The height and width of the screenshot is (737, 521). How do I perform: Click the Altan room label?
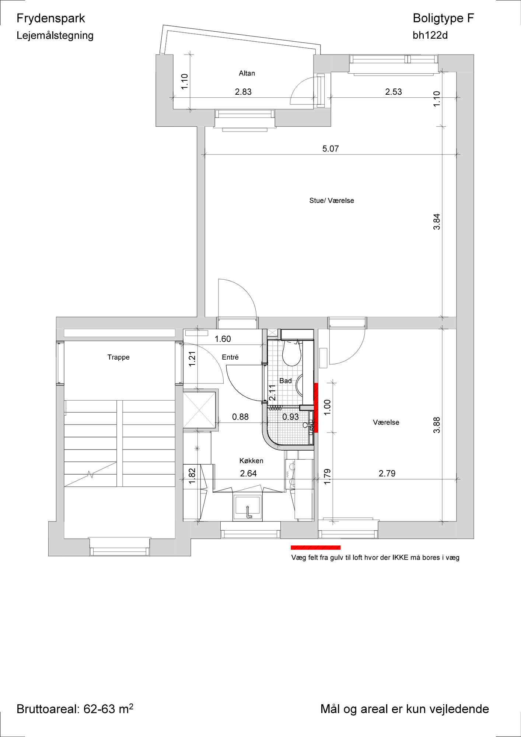246,73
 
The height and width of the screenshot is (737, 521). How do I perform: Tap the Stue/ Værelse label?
332,200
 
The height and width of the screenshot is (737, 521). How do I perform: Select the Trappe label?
118,357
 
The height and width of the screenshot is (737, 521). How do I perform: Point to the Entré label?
230,357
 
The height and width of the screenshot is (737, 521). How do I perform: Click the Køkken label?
251,461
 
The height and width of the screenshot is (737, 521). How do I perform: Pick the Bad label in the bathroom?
286,381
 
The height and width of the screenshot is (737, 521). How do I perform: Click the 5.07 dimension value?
331,149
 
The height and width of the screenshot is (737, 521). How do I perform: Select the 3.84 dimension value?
437,221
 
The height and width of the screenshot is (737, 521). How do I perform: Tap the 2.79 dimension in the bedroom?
387,473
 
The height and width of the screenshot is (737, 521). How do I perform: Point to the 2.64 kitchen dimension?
248,473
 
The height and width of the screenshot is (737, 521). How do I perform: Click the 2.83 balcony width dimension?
243,91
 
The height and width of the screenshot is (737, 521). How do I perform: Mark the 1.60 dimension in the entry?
223,339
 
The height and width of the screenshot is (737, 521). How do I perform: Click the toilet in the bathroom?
291,353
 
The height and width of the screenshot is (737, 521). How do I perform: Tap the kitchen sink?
248,507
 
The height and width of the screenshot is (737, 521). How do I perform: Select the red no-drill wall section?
316,408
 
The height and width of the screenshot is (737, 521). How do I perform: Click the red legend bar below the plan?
316,548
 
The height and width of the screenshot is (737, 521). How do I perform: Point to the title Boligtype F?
443,18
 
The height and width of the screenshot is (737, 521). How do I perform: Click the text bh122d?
430,35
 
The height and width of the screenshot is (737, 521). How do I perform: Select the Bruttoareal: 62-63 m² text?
75,709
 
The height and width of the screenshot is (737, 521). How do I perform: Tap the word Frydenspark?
51,18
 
